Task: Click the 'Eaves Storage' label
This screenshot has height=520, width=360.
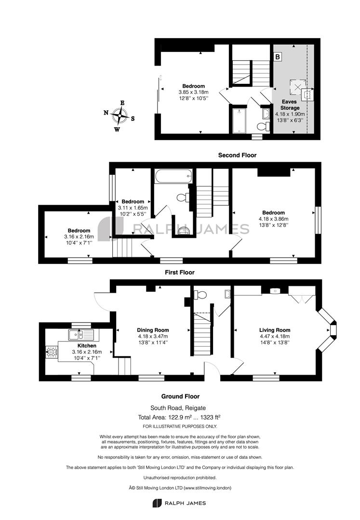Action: (x=290, y=105)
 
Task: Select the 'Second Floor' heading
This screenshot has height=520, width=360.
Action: (x=237, y=155)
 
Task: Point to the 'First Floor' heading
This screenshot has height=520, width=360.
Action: (x=179, y=272)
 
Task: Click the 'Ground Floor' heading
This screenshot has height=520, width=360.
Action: (x=180, y=396)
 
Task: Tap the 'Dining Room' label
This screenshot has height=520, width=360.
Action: (x=153, y=330)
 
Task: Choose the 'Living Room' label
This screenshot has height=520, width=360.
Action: (x=275, y=330)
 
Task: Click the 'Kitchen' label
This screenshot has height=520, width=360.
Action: (x=87, y=346)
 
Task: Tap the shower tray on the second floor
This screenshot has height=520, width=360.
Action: (x=239, y=121)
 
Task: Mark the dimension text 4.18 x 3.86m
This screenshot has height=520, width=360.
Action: (x=273, y=219)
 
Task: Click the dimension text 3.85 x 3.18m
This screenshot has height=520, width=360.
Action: (x=193, y=92)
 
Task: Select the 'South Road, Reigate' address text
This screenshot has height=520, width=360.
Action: (x=180, y=408)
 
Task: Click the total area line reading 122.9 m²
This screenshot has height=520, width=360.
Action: (x=180, y=417)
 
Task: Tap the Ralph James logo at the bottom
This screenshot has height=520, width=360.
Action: (x=179, y=503)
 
